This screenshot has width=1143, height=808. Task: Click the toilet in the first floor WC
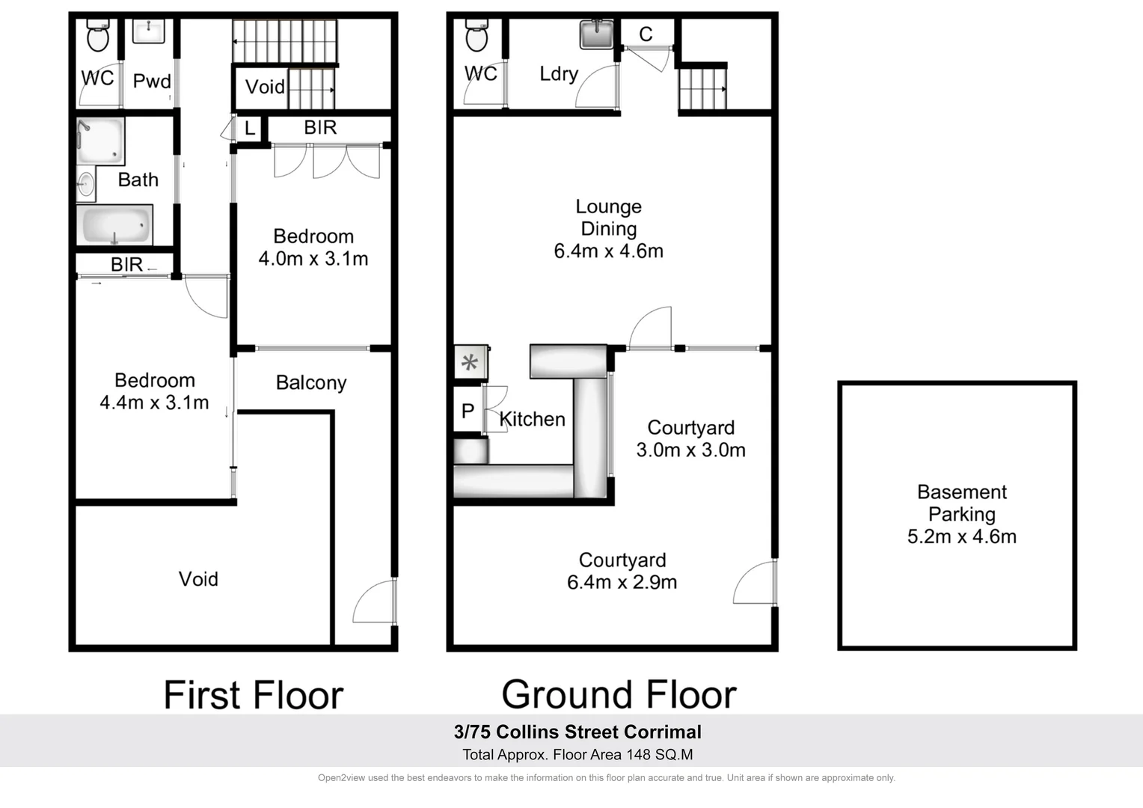tap(98, 36)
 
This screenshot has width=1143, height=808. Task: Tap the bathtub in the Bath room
tap(114, 224)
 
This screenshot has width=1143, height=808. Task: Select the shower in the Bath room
tap(100, 141)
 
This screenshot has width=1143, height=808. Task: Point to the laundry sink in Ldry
tap(596, 34)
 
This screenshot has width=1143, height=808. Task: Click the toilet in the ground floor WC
tap(476, 36)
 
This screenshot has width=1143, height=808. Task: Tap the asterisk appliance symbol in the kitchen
tap(470, 364)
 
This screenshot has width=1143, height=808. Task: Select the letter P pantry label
tap(468, 411)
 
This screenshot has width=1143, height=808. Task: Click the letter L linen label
tap(250, 129)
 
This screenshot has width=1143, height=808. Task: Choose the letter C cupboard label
tap(646, 34)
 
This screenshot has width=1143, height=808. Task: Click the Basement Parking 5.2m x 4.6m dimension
tap(961, 536)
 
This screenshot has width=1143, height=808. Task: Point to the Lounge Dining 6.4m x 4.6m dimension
tap(608, 251)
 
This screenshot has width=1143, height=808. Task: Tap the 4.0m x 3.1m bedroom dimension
tap(313, 259)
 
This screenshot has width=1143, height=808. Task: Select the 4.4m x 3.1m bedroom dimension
tap(154, 403)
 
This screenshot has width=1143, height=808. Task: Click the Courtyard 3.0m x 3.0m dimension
tap(690, 450)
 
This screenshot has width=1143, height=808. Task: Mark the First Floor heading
tap(253, 695)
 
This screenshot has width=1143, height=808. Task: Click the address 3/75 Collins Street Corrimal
tap(577, 732)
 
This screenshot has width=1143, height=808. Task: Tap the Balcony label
tap(311, 383)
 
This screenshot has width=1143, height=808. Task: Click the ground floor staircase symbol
tap(702, 89)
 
